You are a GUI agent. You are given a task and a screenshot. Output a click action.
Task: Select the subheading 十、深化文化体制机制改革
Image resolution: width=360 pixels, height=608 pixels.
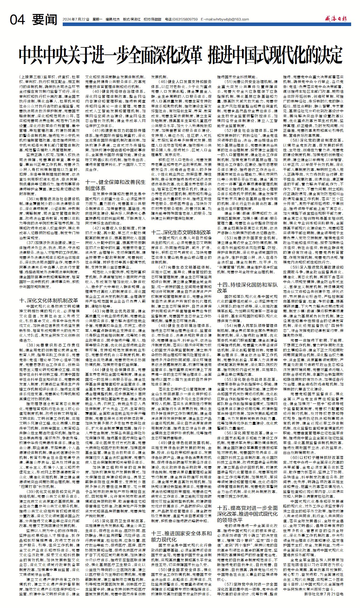[49, 300]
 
